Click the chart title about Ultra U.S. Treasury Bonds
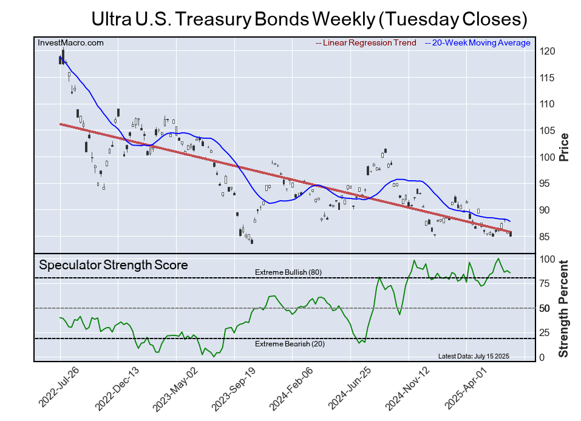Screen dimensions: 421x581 [309, 19]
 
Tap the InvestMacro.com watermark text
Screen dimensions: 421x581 [70, 42]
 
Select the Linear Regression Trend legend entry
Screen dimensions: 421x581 [366, 43]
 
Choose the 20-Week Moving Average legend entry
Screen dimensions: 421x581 [478, 43]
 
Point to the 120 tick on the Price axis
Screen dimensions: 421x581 [547, 52]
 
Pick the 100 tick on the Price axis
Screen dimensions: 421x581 [547, 157]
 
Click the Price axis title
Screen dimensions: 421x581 [564, 146]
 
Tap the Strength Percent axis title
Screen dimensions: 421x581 [564, 308]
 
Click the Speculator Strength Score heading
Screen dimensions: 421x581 [114, 265]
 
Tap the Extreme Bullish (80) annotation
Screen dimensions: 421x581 [288, 272]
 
